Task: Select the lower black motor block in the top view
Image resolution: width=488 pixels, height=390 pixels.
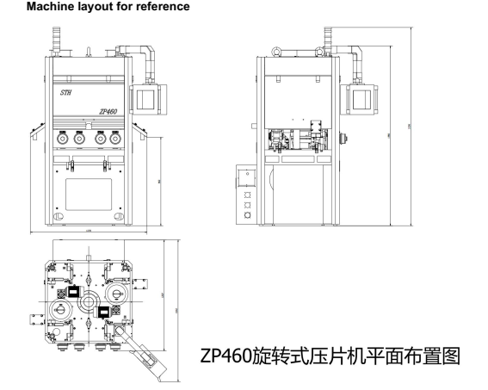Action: click(x=104, y=312)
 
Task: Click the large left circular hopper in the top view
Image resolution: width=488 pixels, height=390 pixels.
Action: click(x=61, y=310)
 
